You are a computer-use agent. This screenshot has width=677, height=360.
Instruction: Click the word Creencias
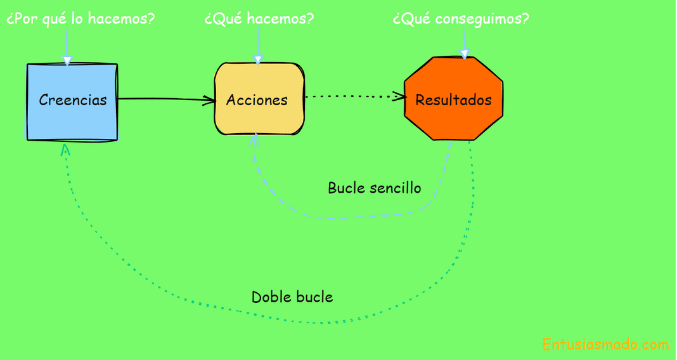pyautogui.click(x=73, y=100)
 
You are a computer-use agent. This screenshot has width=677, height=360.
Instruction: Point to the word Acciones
pyautogui.click(x=257, y=100)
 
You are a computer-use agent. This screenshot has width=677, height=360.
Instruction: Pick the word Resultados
pyautogui.click(x=453, y=100)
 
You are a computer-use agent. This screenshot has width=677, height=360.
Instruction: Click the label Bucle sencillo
pyautogui.click(x=374, y=188)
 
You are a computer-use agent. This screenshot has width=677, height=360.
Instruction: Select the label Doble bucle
pyautogui.click(x=292, y=297)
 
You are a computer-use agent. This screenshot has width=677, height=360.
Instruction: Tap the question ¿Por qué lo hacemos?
pyautogui.click(x=81, y=19)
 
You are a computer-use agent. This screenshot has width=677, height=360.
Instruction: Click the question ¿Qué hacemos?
pyautogui.click(x=259, y=19)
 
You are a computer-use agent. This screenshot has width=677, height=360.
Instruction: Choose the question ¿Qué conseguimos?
pyautogui.click(x=461, y=19)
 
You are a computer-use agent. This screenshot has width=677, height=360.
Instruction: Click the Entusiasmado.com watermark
pyautogui.click(x=605, y=345)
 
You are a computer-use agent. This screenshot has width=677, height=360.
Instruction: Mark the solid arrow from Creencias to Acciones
pyautogui.click(x=165, y=99)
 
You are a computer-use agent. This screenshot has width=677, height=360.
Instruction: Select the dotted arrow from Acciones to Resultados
pyautogui.click(x=352, y=97)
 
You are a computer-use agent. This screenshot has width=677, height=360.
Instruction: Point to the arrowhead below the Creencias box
pyautogui.click(x=64, y=149)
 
